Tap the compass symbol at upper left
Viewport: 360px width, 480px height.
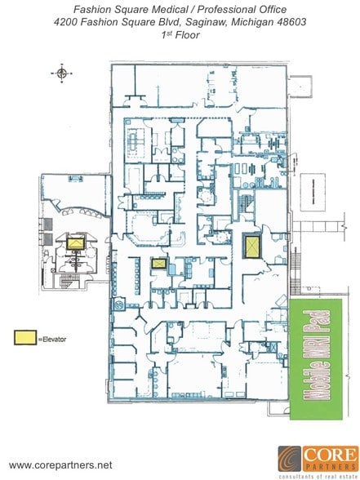(61, 73)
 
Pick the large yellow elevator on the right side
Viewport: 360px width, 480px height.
(252, 245)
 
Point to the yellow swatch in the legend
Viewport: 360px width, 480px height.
(25, 336)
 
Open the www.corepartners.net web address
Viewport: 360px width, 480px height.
(60, 464)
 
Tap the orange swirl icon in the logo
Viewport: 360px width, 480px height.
(290, 459)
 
